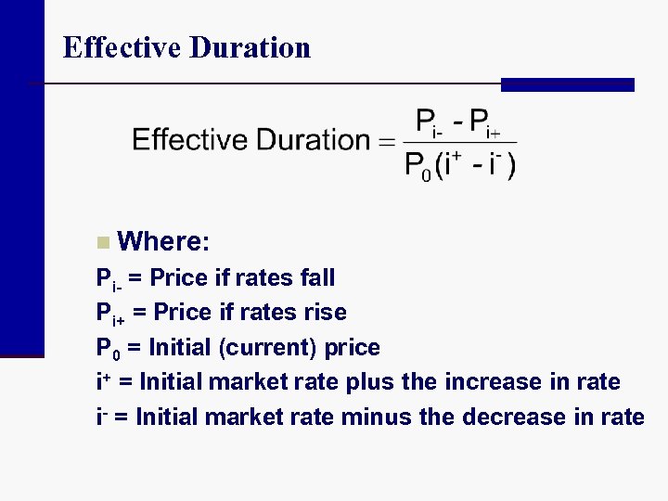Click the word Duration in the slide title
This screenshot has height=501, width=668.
click(249, 47)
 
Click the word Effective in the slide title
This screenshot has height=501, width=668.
click(122, 47)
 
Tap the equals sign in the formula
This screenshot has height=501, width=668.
click(385, 142)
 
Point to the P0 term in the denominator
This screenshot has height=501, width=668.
click(417, 166)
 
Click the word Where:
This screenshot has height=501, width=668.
click(164, 242)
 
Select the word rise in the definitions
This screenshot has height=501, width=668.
click(325, 313)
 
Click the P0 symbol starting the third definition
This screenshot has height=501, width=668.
click(105, 349)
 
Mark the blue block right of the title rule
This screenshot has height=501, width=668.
click(567, 84)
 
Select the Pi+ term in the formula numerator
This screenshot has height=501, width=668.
click(485, 122)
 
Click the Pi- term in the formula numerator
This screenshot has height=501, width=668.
click(429, 122)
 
